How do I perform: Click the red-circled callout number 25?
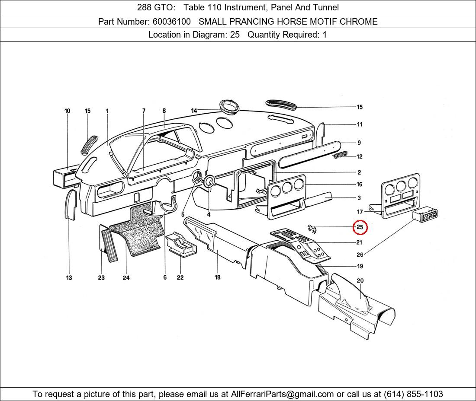pyautogui.click(x=360, y=227)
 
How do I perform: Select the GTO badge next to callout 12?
pyautogui.click(x=340, y=155)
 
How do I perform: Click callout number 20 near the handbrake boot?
pyautogui.click(x=360, y=281)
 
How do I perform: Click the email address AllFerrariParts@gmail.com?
pyautogui.click(x=282, y=394)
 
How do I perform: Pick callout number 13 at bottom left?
pyautogui.click(x=69, y=278)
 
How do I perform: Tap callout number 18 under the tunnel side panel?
pyautogui.click(x=218, y=277)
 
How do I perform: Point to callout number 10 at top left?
pyautogui.click(x=68, y=111)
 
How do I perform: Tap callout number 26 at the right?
pyautogui.click(x=360, y=255)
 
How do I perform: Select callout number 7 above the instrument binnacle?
pyautogui.click(x=144, y=111)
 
